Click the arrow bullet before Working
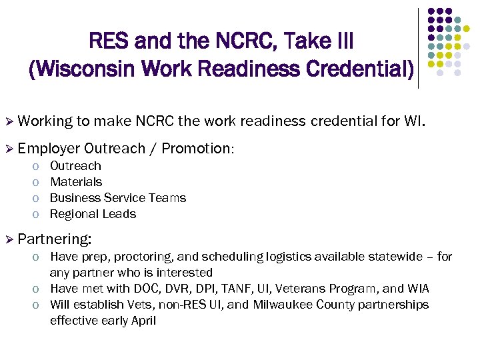coord(9,121)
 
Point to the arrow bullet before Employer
coord(9,149)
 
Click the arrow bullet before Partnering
coord(9,239)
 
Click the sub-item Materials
coord(76,181)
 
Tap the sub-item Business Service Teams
coord(118,197)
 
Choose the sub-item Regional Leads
coord(93,213)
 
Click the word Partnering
coord(55,238)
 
